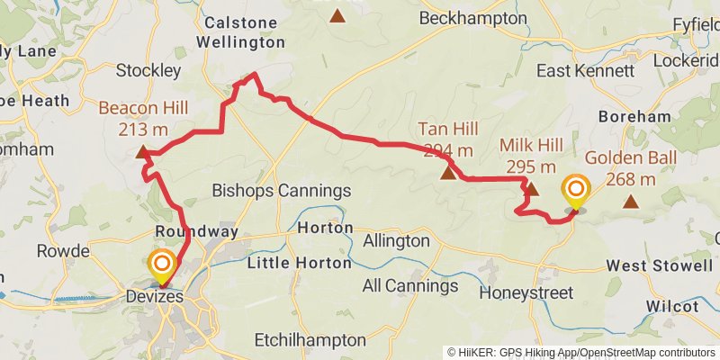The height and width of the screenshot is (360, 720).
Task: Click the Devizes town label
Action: [x=156, y=296]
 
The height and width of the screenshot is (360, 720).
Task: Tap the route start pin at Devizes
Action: [x=162, y=265]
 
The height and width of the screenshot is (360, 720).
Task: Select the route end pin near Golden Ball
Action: [x=574, y=190]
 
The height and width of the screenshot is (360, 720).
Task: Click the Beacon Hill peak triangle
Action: [x=142, y=152]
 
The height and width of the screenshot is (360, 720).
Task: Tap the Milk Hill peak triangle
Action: [x=531, y=189]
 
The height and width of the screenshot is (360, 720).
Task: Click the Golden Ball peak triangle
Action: [x=632, y=202]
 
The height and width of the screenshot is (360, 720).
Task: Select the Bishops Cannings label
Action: [x=281, y=191]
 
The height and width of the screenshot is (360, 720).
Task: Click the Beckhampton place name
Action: [x=474, y=18]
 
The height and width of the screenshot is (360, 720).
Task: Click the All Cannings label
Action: [x=409, y=286]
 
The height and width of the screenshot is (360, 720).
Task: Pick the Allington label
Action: [x=396, y=241]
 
